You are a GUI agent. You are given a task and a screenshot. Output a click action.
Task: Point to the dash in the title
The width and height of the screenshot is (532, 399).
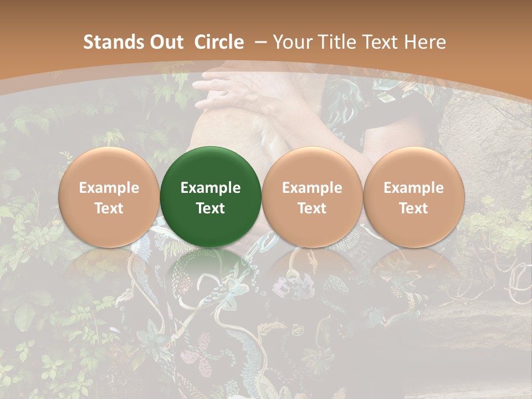coord(261,42)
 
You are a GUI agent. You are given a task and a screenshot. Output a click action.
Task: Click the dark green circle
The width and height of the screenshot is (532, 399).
coord(211,197)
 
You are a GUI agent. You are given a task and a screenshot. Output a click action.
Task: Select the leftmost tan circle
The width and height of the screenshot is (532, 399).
coord(109,197)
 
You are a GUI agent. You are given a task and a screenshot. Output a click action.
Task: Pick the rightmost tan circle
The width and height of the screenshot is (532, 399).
coord(413,197)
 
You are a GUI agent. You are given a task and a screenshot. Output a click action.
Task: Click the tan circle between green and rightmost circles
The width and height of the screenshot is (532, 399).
coord(312,197)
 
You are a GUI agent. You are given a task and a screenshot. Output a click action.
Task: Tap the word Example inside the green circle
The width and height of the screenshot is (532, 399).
coord(211,188)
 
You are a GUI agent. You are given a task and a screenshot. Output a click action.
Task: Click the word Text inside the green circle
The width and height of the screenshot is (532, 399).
coord(211,208)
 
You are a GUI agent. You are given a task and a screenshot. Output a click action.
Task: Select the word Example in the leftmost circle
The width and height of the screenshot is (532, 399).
coord(109,188)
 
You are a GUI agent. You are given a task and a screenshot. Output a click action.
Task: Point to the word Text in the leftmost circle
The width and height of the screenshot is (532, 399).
coord(109,208)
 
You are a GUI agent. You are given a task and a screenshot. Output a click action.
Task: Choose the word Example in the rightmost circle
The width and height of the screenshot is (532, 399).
coord(413,188)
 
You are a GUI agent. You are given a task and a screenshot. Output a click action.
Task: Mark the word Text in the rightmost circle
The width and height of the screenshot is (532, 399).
coord(413,208)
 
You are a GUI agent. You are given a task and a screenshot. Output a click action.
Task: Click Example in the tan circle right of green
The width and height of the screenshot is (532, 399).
coord(312,188)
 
